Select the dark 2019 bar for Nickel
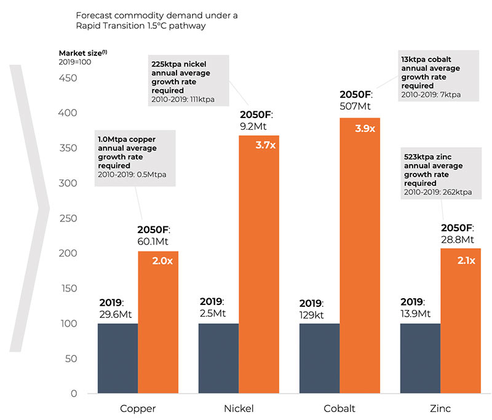(x=218, y=359)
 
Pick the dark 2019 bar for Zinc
(x=420, y=359)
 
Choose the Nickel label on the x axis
(x=239, y=408)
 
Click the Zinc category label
(x=440, y=408)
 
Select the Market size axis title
(x=82, y=53)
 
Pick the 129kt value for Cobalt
(x=314, y=314)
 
